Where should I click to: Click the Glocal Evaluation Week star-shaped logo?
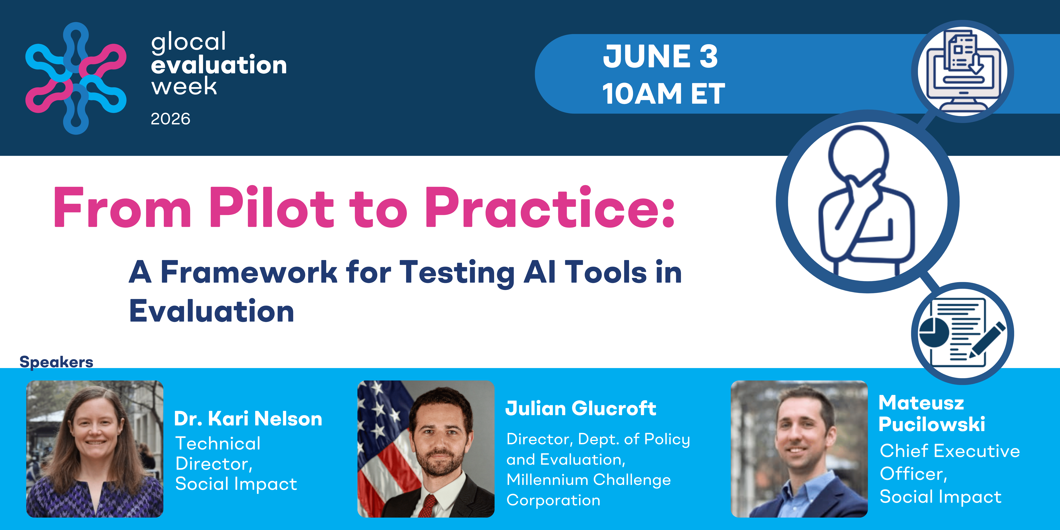point(76,78)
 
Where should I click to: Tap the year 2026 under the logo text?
point(170,119)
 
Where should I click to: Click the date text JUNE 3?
point(660,56)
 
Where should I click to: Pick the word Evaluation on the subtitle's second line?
point(211,311)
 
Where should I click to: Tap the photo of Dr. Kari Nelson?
point(95,449)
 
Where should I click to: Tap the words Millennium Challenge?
point(588,480)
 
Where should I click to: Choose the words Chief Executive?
point(950,451)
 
